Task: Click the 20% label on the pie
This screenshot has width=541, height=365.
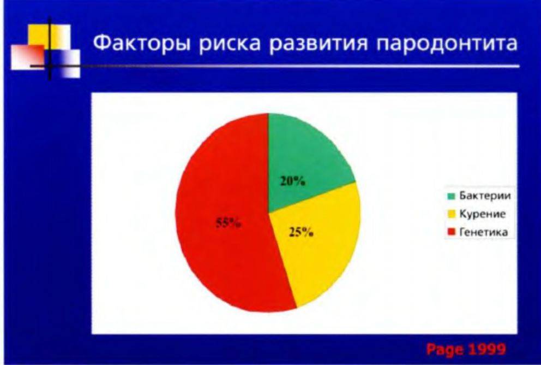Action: tap(292, 181)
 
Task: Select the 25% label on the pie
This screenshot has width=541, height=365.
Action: tap(301, 233)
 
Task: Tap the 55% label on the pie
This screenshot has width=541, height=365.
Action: tap(229, 223)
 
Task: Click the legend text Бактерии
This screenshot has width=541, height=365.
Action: tap(485, 196)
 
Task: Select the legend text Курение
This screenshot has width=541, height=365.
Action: tap(482, 214)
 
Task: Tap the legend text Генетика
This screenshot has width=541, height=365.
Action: tap(484, 232)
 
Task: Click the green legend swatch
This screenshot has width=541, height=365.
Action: tap(452, 196)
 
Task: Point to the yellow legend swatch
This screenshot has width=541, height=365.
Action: tap(452, 215)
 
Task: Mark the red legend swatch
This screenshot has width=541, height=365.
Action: tap(452, 232)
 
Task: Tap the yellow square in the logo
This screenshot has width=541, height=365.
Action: tap(49, 37)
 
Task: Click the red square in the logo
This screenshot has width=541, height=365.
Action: tap(28, 57)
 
